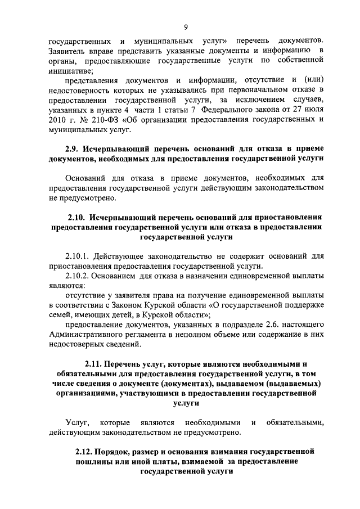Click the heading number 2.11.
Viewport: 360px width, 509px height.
click(x=94, y=364)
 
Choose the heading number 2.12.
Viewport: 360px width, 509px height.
click(x=85, y=452)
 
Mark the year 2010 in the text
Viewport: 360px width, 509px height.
click(x=57, y=120)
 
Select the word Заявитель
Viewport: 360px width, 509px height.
click(x=66, y=52)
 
